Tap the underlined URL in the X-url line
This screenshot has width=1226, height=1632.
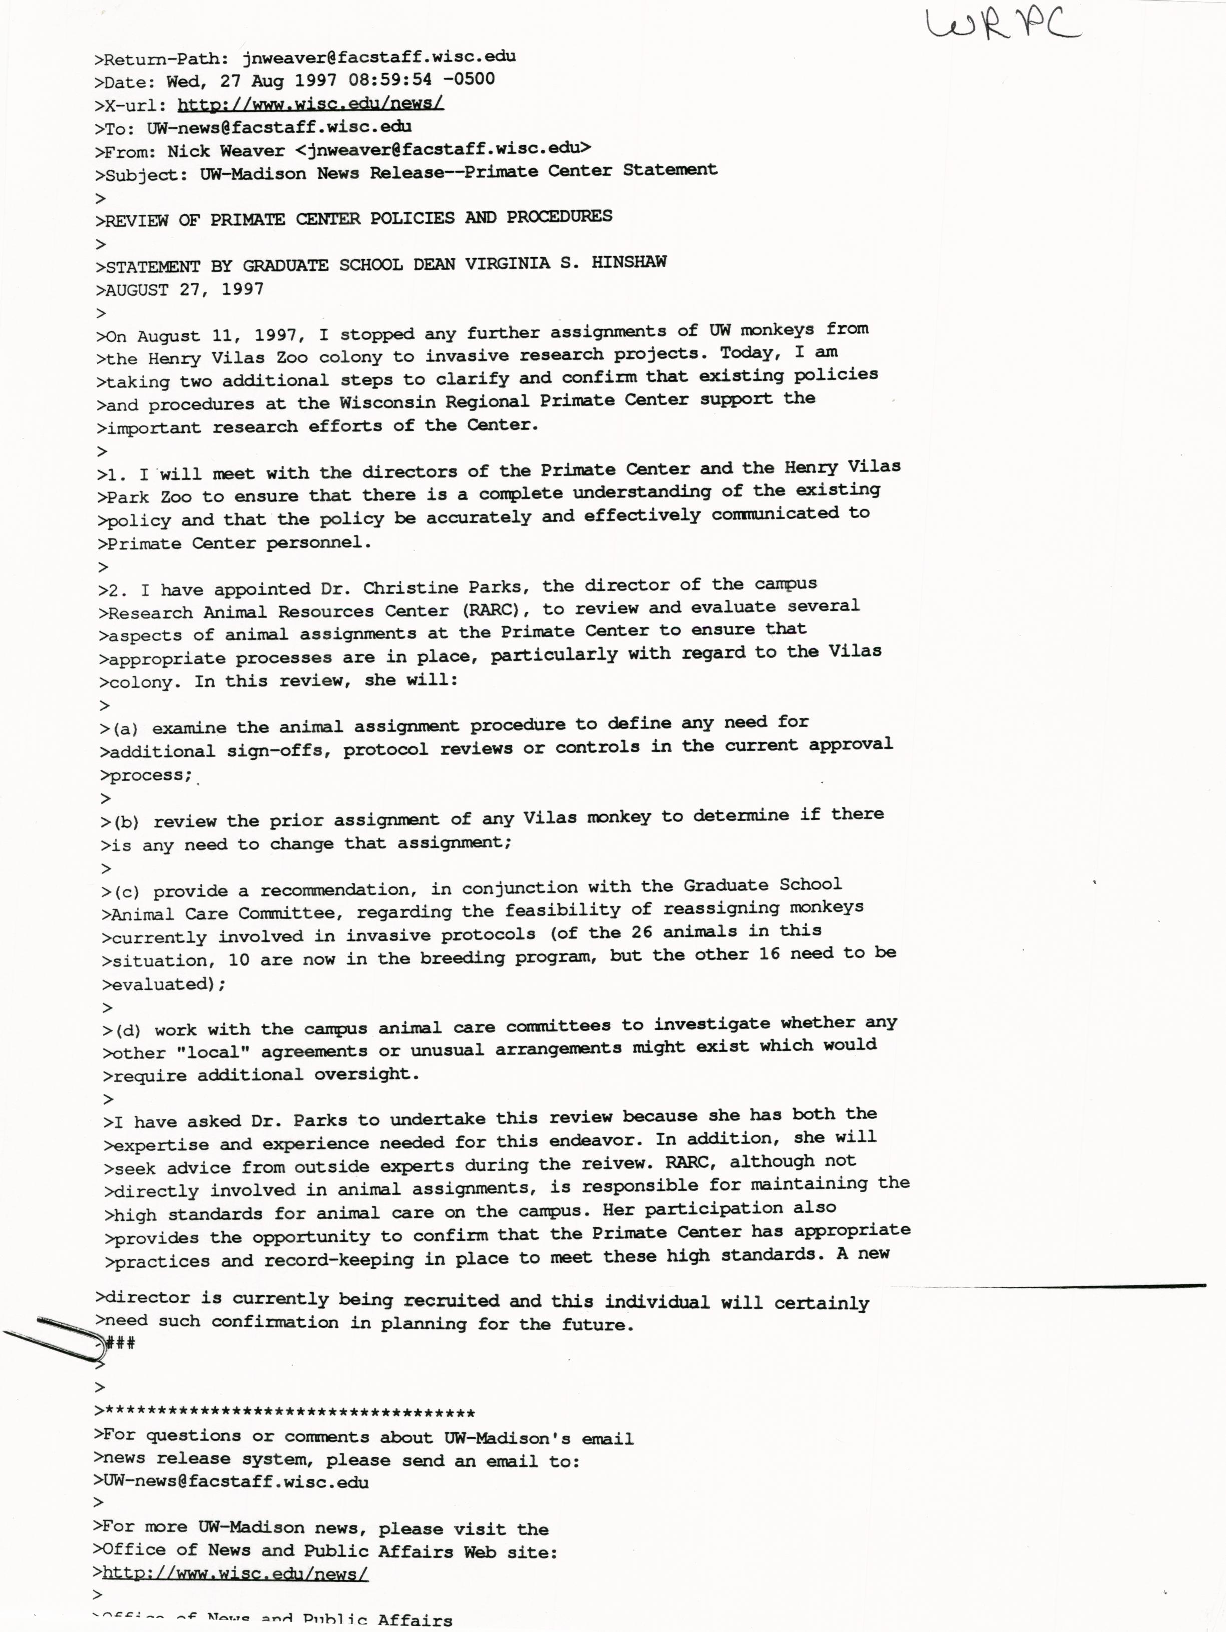click(x=310, y=103)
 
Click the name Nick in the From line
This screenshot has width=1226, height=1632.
click(x=189, y=151)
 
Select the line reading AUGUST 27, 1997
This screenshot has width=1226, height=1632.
click(x=184, y=290)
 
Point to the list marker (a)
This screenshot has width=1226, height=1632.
click(x=125, y=728)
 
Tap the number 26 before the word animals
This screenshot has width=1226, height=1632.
click(x=641, y=932)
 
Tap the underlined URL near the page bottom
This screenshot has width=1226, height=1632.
click(x=235, y=1574)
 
